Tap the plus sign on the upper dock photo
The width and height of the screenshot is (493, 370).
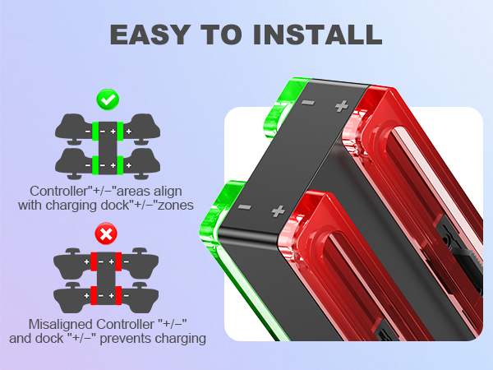coord(340,105)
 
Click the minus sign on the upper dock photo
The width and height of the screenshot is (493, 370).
coord(307,104)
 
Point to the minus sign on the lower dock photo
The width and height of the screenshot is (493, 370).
coord(243,207)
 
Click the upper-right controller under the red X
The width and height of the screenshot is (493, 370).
coord(141,263)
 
